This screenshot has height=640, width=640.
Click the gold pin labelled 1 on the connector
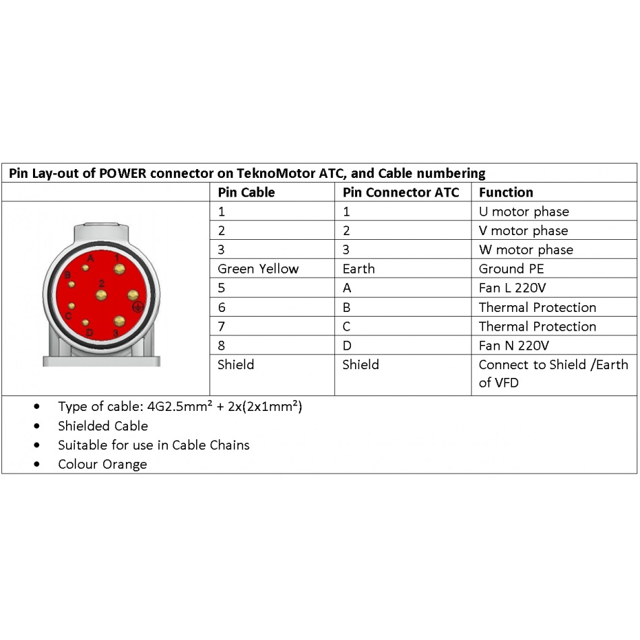click(120, 269)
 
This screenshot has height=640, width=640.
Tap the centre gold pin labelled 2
click(101, 295)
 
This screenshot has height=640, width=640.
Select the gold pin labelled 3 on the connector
click(119, 321)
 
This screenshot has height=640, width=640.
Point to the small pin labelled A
click(86, 267)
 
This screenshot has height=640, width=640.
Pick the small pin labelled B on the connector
click(71, 284)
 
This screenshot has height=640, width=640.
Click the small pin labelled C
click(71, 307)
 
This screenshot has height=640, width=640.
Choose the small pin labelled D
click(86, 323)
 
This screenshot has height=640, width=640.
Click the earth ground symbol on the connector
click(138, 307)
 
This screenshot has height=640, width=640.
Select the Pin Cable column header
click(246, 193)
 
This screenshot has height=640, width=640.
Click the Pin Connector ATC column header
click(401, 193)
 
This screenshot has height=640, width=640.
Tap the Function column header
click(505, 193)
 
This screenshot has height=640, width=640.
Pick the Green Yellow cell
click(257, 269)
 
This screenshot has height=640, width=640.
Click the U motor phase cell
click(523, 212)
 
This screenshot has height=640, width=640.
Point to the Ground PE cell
click(511, 269)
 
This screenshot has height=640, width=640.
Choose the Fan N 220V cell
click(514, 346)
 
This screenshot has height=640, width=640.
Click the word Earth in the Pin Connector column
click(358, 269)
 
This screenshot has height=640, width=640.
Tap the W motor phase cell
click(525, 250)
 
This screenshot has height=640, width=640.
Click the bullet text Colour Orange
click(102, 464)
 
